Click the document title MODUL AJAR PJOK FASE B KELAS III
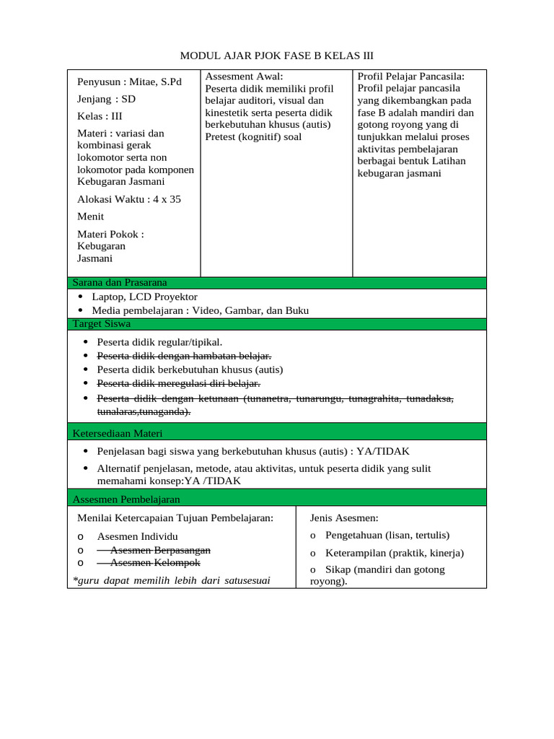coord(276,56)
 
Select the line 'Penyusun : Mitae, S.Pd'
coord(129,82)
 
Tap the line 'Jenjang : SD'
coord(106,99)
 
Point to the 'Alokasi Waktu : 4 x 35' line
coord(128,199)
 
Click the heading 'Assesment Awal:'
coord(245,76)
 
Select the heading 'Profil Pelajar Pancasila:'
coord(411,76)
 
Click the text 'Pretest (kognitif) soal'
coord(253,136)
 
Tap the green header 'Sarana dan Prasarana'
coord(120,282)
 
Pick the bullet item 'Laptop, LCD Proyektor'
coord(144,297)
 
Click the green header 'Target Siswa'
coord(102,324)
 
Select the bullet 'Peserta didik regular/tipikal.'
coord(159,342)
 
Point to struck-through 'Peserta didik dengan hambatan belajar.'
coord(184,356)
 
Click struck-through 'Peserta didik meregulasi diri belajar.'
coord(178,383)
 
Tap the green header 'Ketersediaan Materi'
coord(118,433)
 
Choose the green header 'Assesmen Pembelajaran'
coord(126,499)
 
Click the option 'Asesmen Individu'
coord(137,536)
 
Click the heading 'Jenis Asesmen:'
coord(344,518)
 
